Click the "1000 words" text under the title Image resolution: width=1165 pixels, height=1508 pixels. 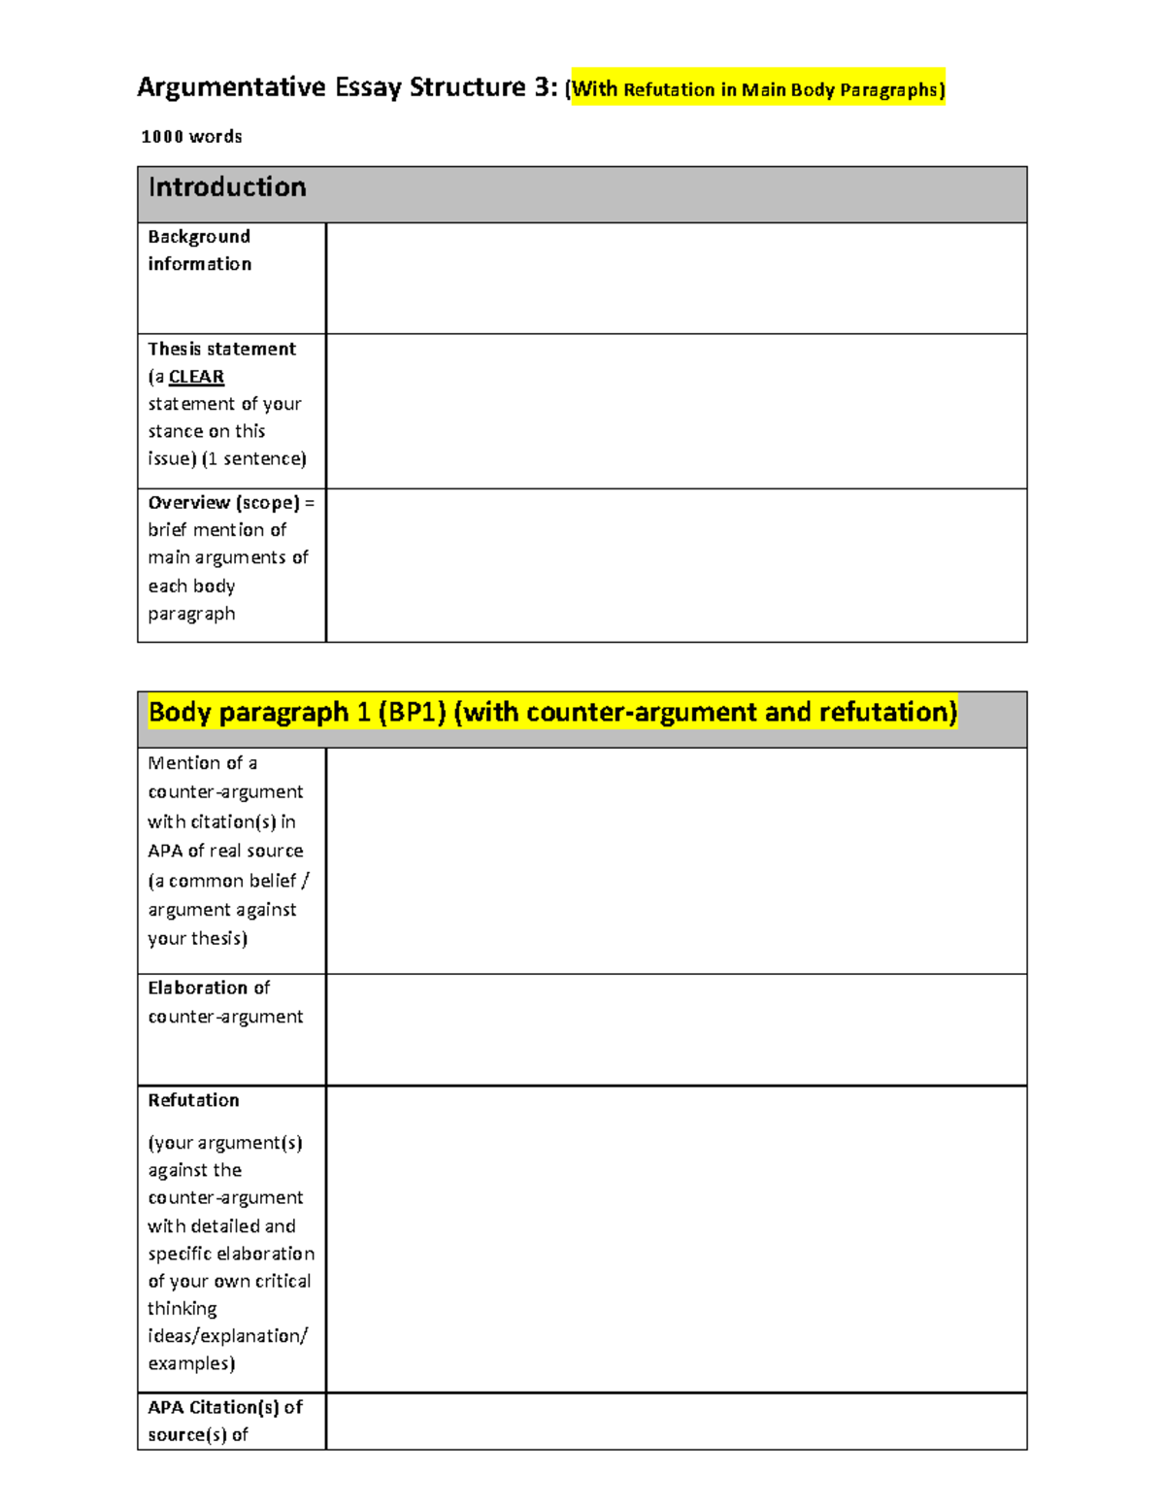click(191, 137)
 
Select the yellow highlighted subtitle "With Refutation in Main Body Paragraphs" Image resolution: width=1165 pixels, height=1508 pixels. click(757, 90)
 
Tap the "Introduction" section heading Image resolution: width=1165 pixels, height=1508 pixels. click(227, 187)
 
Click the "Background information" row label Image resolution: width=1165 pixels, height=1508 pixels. click(200, 251)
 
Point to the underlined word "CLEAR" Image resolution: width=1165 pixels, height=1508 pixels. click(196, 377)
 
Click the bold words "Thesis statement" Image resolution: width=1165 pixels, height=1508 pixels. click(221, 349)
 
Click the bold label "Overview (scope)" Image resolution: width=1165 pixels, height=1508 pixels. click(224, 503)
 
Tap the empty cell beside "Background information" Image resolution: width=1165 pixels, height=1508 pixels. click(676, 279)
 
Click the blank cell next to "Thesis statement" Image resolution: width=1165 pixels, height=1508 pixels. click(676, 411)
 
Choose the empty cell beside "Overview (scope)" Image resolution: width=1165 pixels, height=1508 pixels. click(676, 565)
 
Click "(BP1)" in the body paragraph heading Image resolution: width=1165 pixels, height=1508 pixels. click(412, 713)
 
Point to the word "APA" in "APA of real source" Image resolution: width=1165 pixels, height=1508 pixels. click(165, 851)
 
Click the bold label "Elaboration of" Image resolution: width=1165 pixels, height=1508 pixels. click(209, 988)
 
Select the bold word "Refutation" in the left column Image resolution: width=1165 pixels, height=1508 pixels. click(193, 1100)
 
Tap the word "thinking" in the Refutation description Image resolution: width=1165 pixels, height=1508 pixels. click(183, 1309)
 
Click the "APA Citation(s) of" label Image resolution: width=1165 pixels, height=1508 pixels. click(225, 1407)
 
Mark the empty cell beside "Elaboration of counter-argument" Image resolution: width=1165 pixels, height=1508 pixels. click(676, 1029)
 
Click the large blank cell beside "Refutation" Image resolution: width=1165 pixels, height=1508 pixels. click(676, 1239)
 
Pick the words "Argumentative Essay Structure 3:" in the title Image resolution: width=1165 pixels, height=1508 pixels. click(348, 87)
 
